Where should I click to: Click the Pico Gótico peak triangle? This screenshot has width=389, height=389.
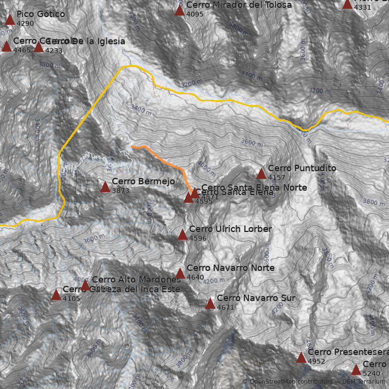point(10,19)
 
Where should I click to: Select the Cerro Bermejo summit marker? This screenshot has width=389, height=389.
point(105,187)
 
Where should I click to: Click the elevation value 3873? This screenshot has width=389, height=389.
point(121,191)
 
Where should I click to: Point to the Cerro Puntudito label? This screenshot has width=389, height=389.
point(301,168)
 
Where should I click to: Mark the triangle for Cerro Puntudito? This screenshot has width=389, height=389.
point(261,174)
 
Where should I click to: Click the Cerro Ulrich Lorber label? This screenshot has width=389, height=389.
point(230,229)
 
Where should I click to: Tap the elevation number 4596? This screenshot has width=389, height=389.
point(198,238)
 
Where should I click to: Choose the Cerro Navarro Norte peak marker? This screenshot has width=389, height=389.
point(180,273)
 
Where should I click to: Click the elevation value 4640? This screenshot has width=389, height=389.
point(195,277)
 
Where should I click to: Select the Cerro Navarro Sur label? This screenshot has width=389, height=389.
point(256,298)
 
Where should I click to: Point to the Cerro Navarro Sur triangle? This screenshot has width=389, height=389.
point(210,304)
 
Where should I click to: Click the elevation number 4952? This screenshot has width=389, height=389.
point(317,361)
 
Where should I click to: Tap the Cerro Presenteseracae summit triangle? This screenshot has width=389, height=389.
point(301,358)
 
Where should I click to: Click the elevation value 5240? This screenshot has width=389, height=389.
point(371,373)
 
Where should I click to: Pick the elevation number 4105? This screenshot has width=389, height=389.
point(71,299)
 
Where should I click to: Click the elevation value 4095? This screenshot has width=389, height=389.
point(194,14)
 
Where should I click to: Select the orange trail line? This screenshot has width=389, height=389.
point(165,160)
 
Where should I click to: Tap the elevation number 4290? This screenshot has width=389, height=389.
point(25,23)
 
